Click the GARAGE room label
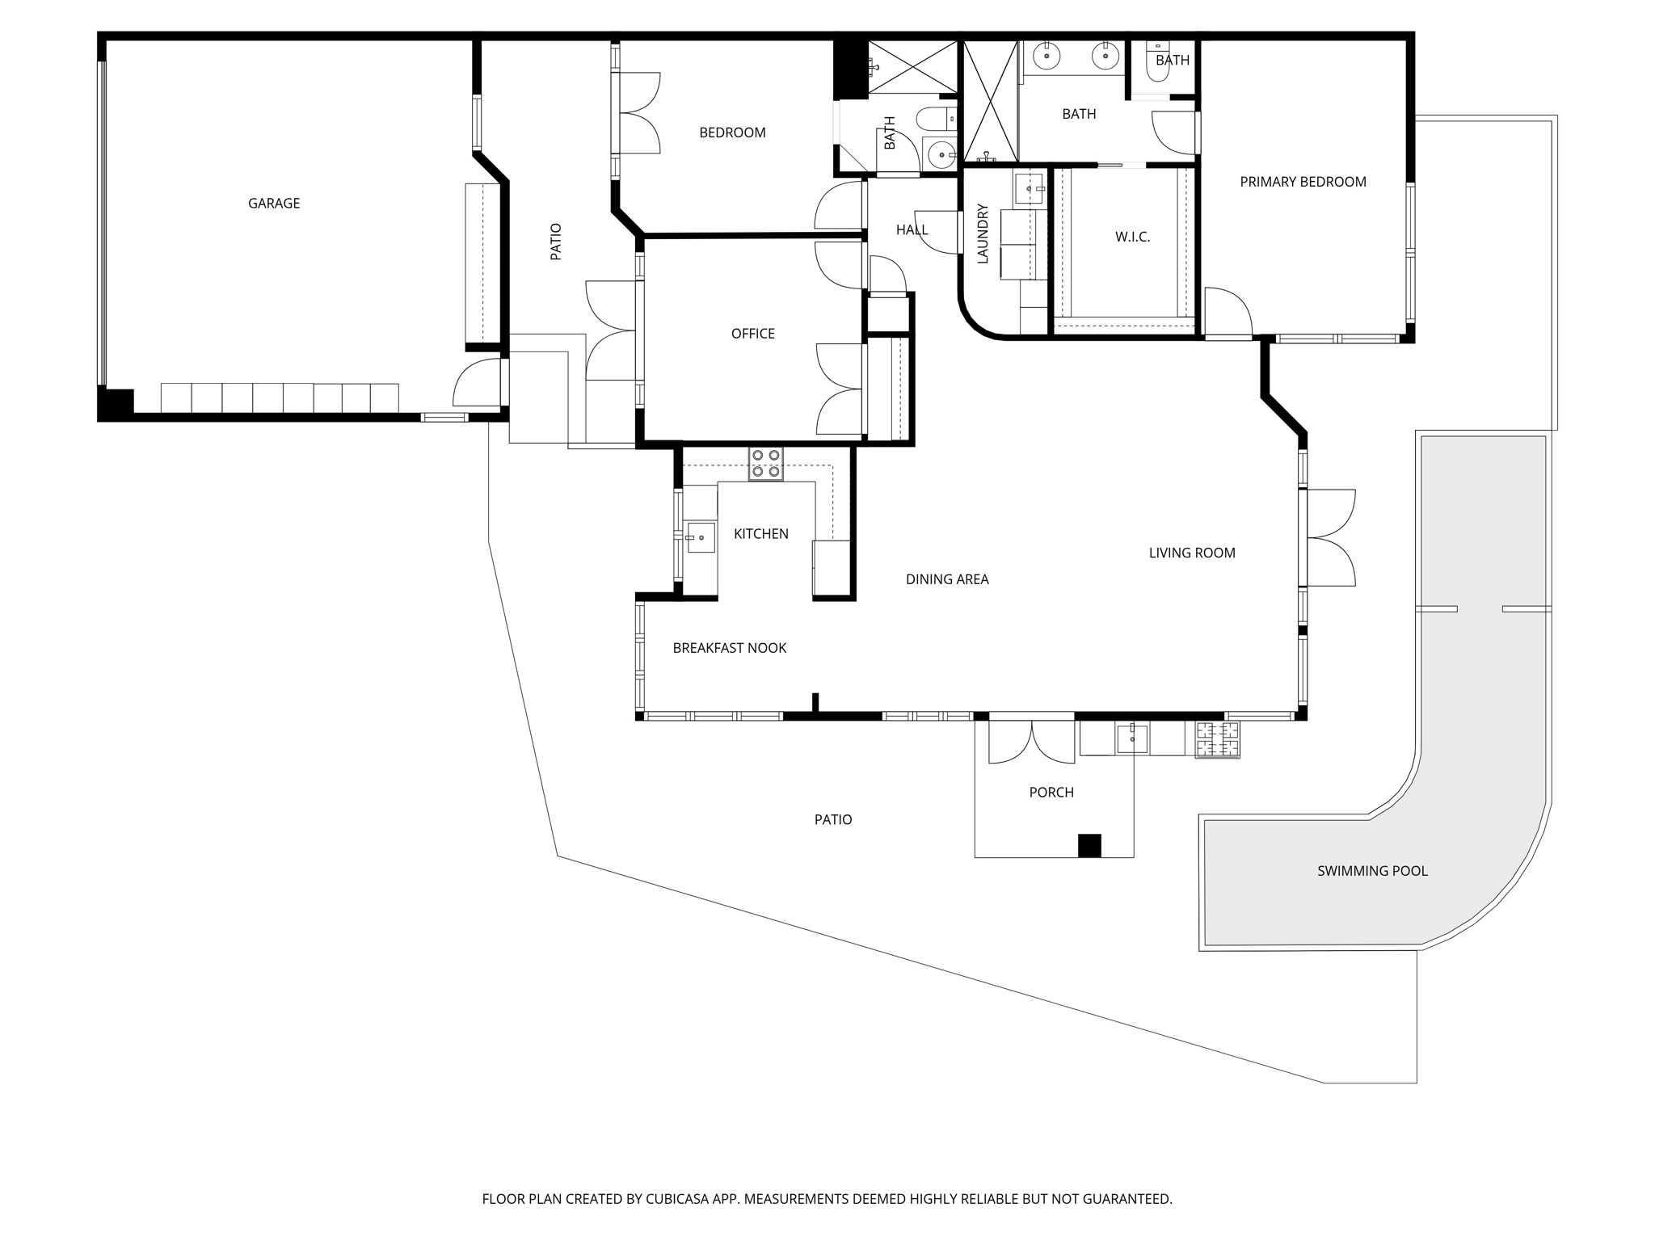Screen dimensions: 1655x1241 (x=274, y=204)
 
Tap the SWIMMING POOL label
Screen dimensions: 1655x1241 (x=1372, y=871)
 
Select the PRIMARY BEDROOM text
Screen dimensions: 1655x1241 (x=1303, y=182)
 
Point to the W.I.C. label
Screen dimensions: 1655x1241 (x=1132, y=237)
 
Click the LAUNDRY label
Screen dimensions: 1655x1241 (x=983, y=233)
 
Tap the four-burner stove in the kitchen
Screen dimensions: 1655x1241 (x=765, y=464)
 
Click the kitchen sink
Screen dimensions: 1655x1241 (x=701, y=537)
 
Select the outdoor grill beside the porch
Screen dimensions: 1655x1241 (x=1218, y=739)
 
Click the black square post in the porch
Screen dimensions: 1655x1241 (x=1089, y=845)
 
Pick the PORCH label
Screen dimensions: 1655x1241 (x=1051, y=793)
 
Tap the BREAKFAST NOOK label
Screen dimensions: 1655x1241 (x=729, y=648)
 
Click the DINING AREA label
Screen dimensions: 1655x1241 (x=947, y=579)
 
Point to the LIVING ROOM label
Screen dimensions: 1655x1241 (x=1192, y=553)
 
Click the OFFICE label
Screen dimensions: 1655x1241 (x=752, y=334)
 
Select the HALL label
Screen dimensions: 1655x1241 (x=912, y=230)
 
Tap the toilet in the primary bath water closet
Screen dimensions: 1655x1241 (x=1158, y=62)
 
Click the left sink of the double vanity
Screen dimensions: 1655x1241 (x=1047, y=56)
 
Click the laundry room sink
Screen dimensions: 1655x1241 (x=1028, y=188)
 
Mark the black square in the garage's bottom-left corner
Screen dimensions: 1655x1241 (x=116, y=402)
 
